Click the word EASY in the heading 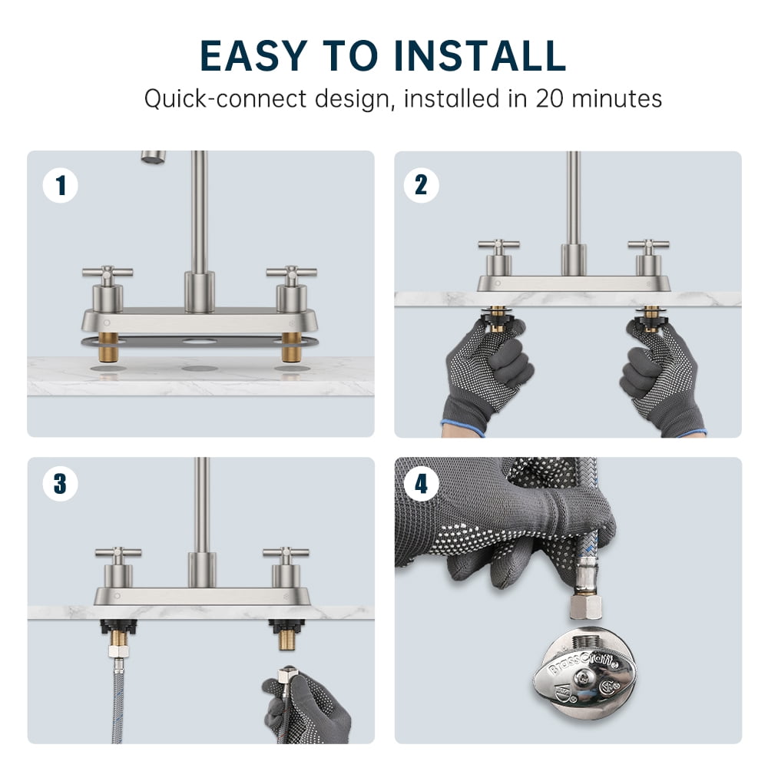(253, 55)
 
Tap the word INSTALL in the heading (480, 55)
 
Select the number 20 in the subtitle (551, 98)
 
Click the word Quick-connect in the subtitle (225, 99)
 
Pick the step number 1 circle (60, 186)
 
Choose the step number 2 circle (421, 185)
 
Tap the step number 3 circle (60, 483)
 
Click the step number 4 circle (421, 484)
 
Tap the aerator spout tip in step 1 (154, 157)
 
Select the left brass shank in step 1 (108, 347)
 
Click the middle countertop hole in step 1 (200, 369)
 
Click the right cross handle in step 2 (648, 247)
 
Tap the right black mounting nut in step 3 (286, 627)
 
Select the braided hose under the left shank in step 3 (118, 700)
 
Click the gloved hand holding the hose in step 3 (306, 708)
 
